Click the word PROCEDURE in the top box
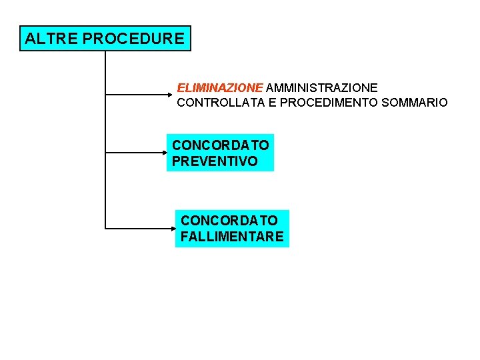tap(133, 39)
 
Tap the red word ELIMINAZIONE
tap(220, 87)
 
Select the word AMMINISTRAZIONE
tap(322, 87)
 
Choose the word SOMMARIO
tap(415, 103)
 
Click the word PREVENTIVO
tap(215, 161)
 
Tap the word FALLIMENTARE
tap(232, 236)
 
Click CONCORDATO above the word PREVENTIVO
tap(221, 145)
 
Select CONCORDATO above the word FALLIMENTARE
tap(229, 220)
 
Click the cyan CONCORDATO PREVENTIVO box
tap(220, 153)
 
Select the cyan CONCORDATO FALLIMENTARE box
tap(232, 228)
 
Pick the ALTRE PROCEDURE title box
tap(105, 39)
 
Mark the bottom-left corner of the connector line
tap(106, 228)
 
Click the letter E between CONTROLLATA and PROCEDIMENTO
tap(272, 103)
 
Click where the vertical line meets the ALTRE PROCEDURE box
tap(106, 51)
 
